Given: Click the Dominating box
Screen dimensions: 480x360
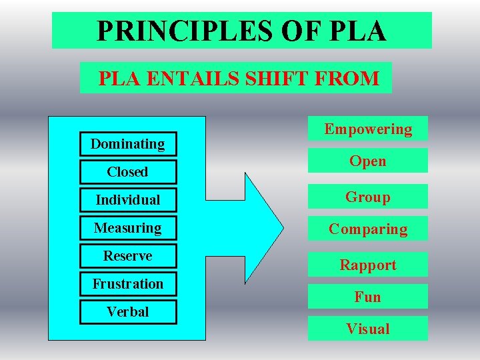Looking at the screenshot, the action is (x=127, y=144).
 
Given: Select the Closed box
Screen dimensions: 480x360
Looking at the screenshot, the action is (x=127, y=172).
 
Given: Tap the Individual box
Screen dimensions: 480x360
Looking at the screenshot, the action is (x=127, y=200).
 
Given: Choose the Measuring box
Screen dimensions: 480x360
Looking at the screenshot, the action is (x=127, y=228).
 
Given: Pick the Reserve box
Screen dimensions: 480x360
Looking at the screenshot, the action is (x=127, y=256).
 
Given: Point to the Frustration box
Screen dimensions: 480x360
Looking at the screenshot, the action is (x=127, y=284).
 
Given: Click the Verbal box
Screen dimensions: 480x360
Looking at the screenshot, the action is (x=127, y=312).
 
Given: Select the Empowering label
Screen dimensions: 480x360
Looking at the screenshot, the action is (x=368, y=129).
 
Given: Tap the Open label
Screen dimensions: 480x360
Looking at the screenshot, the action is (x=368, y=161).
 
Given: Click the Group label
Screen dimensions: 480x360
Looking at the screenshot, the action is (x=368, y=197).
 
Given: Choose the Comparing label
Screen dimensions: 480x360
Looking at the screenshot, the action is (x=368, y=229).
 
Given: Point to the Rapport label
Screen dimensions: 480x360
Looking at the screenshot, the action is (x=368, y=265).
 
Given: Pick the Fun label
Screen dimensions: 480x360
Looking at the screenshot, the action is (x=368, y=297).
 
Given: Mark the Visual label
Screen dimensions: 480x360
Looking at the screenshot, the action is (x=368, y=329).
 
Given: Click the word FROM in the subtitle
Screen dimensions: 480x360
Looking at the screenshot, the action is (x=345, y=79).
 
